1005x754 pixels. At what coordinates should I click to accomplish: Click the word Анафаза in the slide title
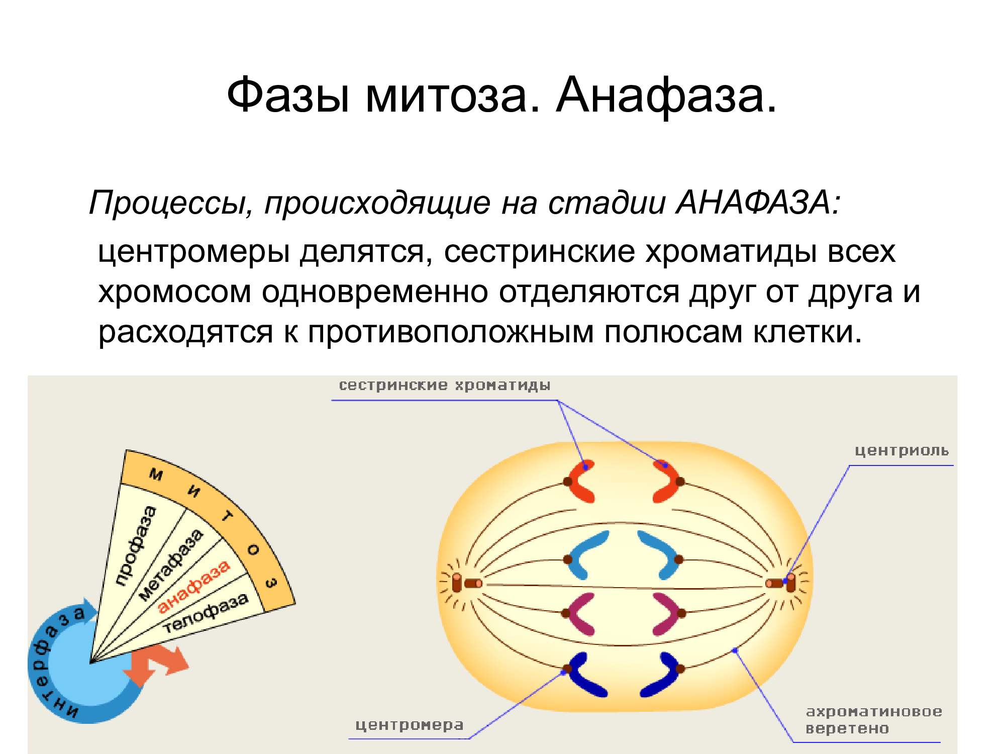click(666, 96)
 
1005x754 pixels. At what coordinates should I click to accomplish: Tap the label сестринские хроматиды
click(445, 386)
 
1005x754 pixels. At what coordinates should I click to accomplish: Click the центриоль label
click(902, 450)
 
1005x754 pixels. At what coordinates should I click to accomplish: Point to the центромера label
click(410, 725)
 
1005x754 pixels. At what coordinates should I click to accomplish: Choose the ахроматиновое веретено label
click(874, 720)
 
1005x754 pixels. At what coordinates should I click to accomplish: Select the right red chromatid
click(666, 481)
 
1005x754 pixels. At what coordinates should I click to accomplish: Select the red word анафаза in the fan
click(194, 586)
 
